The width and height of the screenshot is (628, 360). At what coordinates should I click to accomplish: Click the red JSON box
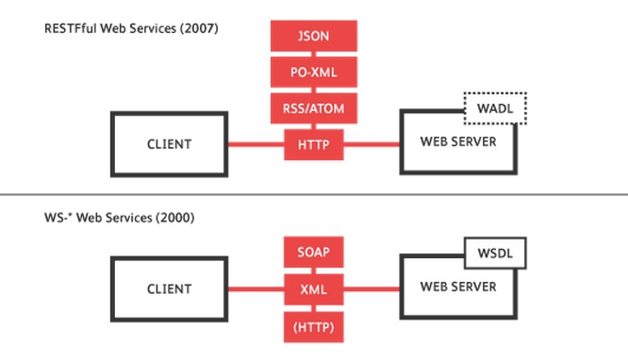point(314,36)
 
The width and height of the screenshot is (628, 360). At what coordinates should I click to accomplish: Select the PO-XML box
point(314,72)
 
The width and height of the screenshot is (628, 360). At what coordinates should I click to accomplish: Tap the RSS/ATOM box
point(314,108)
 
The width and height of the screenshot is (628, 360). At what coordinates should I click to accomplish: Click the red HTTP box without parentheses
point(314,144)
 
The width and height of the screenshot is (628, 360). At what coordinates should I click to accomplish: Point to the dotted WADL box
point(495,108)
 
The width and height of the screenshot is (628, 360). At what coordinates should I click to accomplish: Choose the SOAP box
point(314,252)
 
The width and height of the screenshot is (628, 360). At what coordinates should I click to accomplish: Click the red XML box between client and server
point(314,289)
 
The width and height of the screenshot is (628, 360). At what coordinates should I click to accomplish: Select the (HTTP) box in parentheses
point(314,327)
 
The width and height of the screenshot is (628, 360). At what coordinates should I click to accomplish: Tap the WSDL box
point(495,254)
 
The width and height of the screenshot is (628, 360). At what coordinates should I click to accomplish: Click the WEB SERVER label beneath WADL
point(458,141)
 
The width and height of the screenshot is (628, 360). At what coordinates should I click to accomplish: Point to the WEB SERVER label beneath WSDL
point(458,286)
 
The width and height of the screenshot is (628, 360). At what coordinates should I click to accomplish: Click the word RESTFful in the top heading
point(71,28)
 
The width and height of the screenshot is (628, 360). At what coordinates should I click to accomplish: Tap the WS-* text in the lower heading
point(58,218)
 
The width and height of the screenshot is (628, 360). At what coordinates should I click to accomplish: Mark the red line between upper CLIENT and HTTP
point(256,144)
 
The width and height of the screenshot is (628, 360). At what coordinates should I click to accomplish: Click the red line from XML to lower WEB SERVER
point(372,289)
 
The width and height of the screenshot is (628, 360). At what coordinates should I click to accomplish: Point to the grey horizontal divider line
point(314,195)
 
